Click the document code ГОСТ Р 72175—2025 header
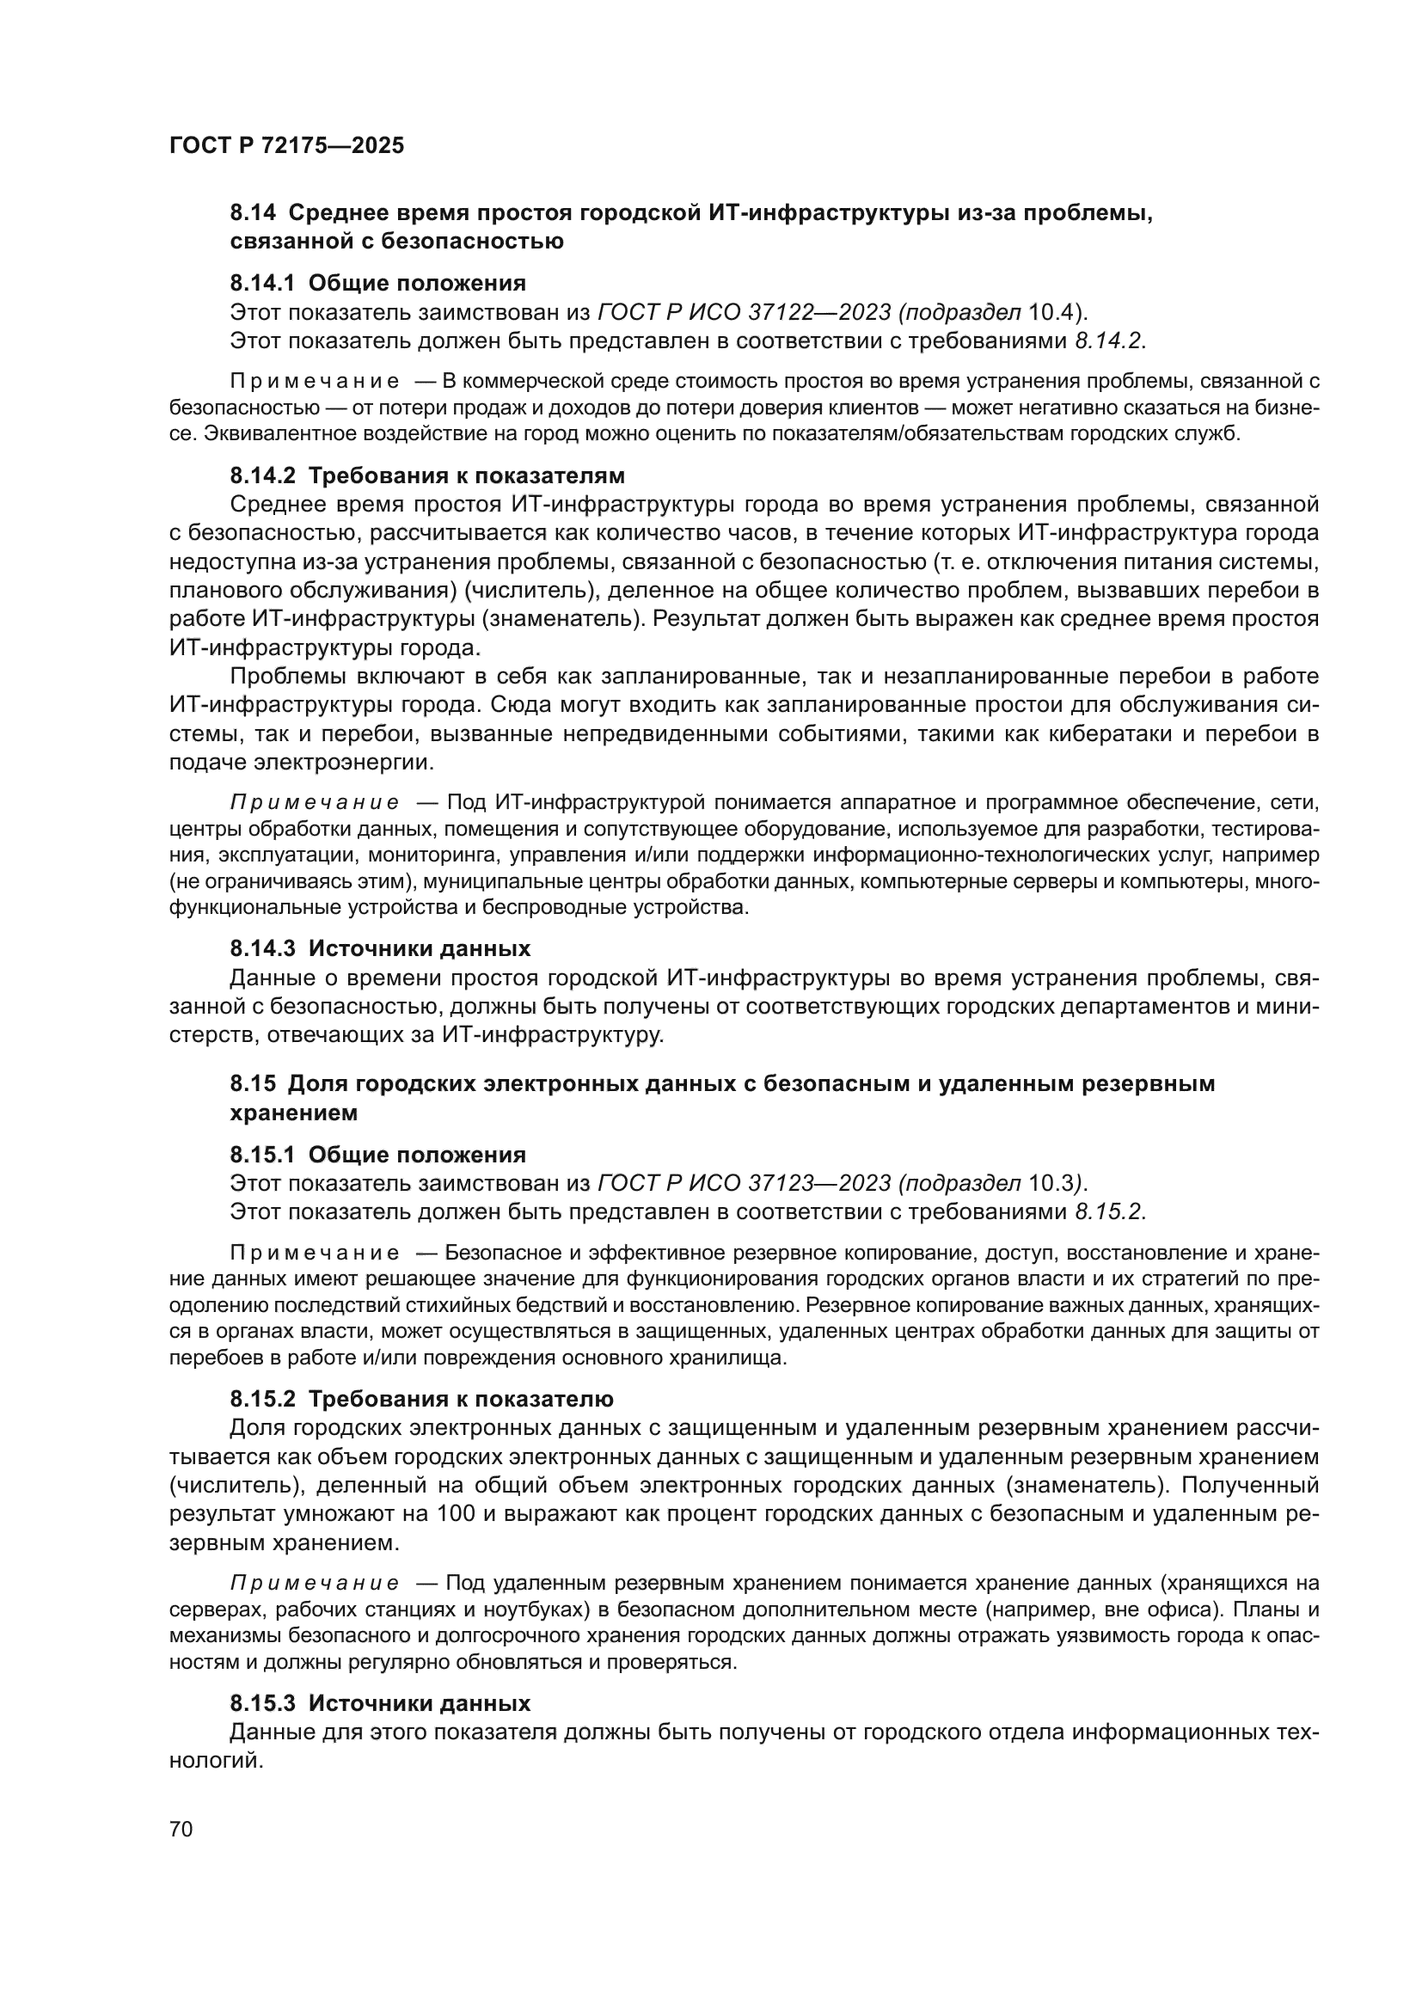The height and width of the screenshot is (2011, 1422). [x=286, y=146]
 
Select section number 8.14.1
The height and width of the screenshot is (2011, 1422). [x=264, y=283]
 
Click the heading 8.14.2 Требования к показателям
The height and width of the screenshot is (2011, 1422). [x=427, y=475]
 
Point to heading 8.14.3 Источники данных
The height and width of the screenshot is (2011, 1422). [x=380, y=948]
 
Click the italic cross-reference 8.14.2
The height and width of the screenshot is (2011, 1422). [x=1107, y=340]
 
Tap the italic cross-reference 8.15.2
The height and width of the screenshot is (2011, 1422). [x=1107, y=1212]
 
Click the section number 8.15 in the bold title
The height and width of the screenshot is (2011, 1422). [x=253, y=1083]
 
